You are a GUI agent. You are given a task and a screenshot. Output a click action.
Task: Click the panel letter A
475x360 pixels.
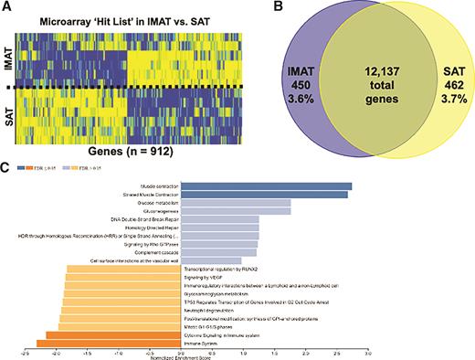6,7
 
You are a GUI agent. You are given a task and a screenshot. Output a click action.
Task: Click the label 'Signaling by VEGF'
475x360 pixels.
206,277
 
